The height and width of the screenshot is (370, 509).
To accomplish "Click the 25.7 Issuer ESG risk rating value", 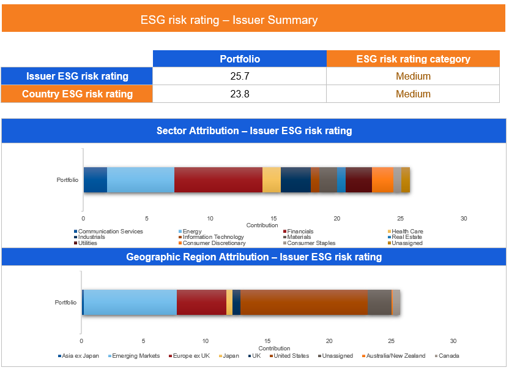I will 240,77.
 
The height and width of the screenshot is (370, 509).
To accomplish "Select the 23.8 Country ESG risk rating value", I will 240,94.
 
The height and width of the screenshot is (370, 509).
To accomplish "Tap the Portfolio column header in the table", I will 240,59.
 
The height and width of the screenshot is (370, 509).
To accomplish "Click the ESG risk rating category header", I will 413,59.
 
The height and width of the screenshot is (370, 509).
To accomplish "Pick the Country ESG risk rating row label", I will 77,94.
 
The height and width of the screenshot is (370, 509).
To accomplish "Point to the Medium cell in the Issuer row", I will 413,77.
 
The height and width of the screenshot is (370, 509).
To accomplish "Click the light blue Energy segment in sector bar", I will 141,179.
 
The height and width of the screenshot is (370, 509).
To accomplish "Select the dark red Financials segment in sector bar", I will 218,179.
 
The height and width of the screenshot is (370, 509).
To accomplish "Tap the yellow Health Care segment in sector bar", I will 272,179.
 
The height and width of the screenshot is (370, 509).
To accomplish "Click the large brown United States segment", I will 304,303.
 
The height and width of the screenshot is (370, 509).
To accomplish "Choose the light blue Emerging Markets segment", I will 130,303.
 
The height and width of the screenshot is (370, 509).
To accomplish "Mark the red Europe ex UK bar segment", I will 201,303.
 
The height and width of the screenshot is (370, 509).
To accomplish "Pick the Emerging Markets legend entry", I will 136,356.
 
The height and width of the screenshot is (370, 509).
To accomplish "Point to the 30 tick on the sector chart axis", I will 464,219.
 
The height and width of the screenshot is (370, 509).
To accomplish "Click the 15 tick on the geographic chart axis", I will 267,341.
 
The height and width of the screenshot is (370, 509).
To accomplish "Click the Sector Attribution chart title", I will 254,130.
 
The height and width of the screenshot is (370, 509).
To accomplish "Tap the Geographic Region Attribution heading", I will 254,257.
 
